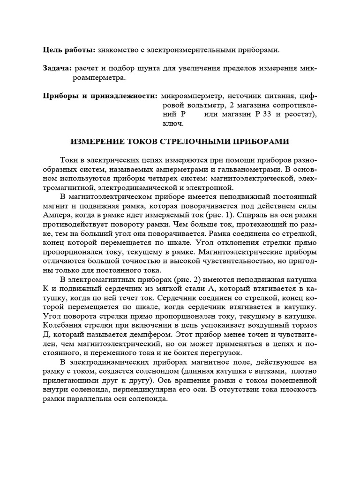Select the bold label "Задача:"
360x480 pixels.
[x=58, y=68]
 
